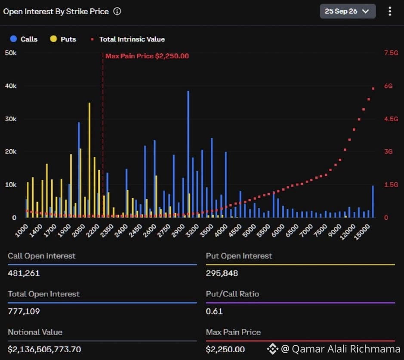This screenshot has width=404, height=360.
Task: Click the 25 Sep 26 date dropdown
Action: coord(348,11)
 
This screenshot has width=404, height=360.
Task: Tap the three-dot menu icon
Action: coord(390,11)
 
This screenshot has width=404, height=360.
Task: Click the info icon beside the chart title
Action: coord(117,11)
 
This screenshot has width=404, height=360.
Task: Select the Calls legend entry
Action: coord(24,39)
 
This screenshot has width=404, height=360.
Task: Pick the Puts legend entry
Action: coord(63,39)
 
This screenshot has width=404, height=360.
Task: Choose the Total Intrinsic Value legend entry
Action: coord(128,39)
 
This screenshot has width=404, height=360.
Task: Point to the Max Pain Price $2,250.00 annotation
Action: coord(147,56)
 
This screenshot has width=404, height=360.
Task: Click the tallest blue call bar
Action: coord(188,154)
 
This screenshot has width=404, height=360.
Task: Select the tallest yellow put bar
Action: coord(89,160)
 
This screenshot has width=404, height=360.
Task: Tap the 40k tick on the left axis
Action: coord(11,86)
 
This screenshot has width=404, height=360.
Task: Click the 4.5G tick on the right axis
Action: coord(391,119)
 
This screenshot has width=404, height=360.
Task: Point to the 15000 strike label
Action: coord(362,232)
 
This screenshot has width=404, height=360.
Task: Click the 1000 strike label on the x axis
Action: coord(22,231)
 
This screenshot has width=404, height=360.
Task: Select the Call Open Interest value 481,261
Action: coord(24,273)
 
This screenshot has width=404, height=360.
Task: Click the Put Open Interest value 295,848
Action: coord(222,273)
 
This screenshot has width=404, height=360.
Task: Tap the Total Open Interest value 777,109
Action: coord(24,311)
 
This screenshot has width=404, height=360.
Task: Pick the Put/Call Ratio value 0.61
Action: coord(214,311)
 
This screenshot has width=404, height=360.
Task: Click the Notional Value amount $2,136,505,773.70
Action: coord(44,349)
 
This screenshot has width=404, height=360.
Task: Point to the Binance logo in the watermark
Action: coord(273,349)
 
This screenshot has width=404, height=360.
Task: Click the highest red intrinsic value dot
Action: coord(373,89)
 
